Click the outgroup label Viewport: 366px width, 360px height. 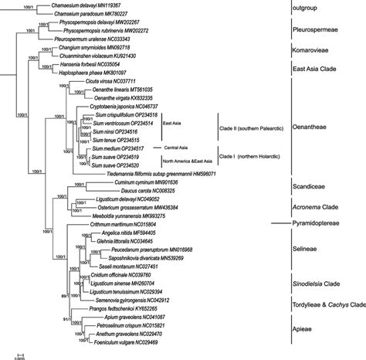[x=311, y=10]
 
